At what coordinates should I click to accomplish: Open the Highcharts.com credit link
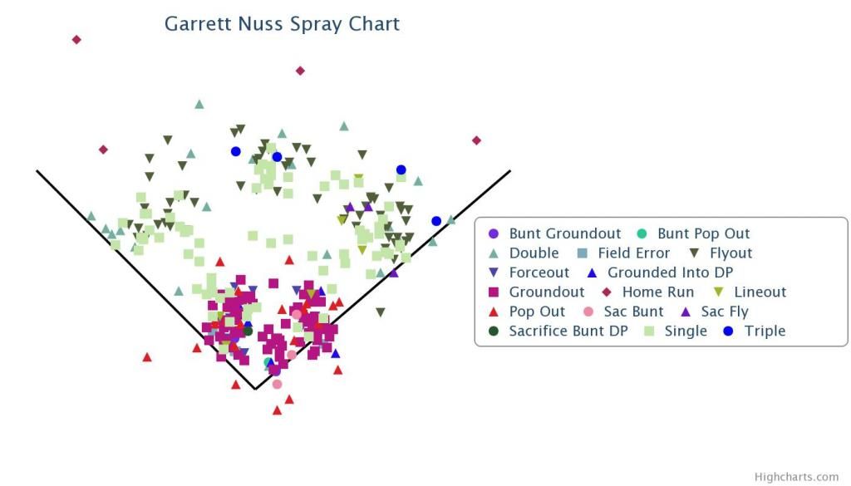coord(796,477)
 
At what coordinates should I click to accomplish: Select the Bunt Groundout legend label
coord(564,233)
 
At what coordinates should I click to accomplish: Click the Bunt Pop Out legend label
coord(703,233)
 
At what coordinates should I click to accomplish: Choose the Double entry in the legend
coord(534,253)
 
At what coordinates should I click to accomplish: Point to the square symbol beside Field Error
coord(583,253)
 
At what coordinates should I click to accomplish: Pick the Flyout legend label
coord(730,253)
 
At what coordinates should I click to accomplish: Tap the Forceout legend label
coord(539,272)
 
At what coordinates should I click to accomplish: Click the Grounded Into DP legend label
coord(670,272)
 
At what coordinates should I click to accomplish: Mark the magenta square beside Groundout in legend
coord(494,292)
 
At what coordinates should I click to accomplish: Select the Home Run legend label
coord(658,292)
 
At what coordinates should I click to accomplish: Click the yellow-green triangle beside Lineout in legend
coord(718,292)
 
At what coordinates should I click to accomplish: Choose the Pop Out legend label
coord(537,312)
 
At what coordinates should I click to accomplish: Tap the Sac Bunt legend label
coord(633,312)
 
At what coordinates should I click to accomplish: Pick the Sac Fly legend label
coord(724,312)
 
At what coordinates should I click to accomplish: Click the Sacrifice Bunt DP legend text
coord(568,331)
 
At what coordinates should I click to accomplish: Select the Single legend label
coord(686,331)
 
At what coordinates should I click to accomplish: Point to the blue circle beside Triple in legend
coord(728,331)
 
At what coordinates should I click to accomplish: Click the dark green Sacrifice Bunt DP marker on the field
coord(248,331)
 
